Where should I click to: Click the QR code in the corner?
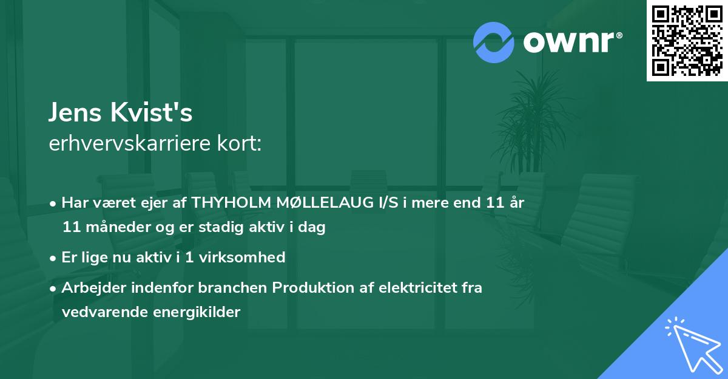(687, 41)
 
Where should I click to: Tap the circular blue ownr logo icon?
(493, 42)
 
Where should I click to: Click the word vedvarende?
(98, 312)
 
